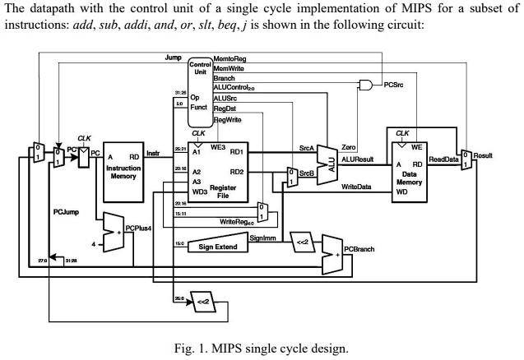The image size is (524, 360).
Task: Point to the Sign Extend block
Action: coord(218,244)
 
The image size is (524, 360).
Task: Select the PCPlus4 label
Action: coord(138,228)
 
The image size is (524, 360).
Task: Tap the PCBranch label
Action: coord(359,247)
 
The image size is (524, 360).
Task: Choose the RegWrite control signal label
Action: coord(228,119)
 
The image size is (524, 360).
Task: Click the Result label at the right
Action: coord(483,155)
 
